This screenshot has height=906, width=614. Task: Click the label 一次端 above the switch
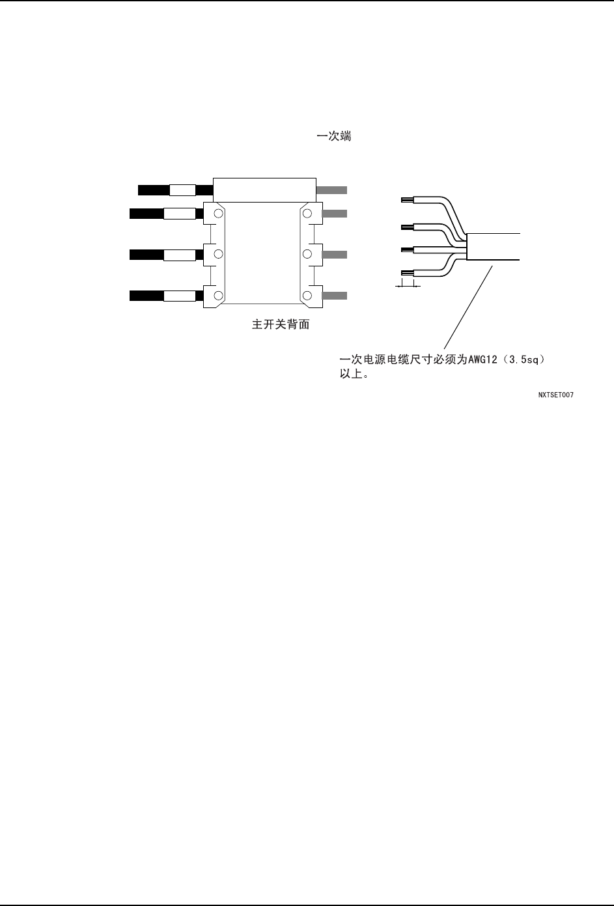coord(334,137)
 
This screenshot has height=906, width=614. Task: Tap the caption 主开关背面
coord(281,324)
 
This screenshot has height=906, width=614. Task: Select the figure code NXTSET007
coord(555,395)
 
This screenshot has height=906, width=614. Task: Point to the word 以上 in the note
coord(352,375)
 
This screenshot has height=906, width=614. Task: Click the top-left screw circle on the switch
coord(218,213)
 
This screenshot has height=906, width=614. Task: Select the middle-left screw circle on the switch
coord(218,254)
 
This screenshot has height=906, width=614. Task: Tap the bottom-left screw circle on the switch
coord(218,296)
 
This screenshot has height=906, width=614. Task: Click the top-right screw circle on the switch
coord(307,213)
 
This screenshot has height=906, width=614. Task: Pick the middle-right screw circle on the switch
coord(307,254)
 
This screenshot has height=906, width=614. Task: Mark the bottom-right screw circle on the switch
coord(307,296)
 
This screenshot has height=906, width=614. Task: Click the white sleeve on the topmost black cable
coord(182,190)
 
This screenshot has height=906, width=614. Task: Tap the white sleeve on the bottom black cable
coord(179,296)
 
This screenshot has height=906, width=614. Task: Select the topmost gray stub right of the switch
coord(331,190)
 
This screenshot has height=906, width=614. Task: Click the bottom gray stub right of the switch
coord(335,296)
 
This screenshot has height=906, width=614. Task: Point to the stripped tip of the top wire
coord(408,199)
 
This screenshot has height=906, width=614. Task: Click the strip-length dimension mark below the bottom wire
coord(408,285)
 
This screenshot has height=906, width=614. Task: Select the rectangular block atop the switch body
coord(264,190)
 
